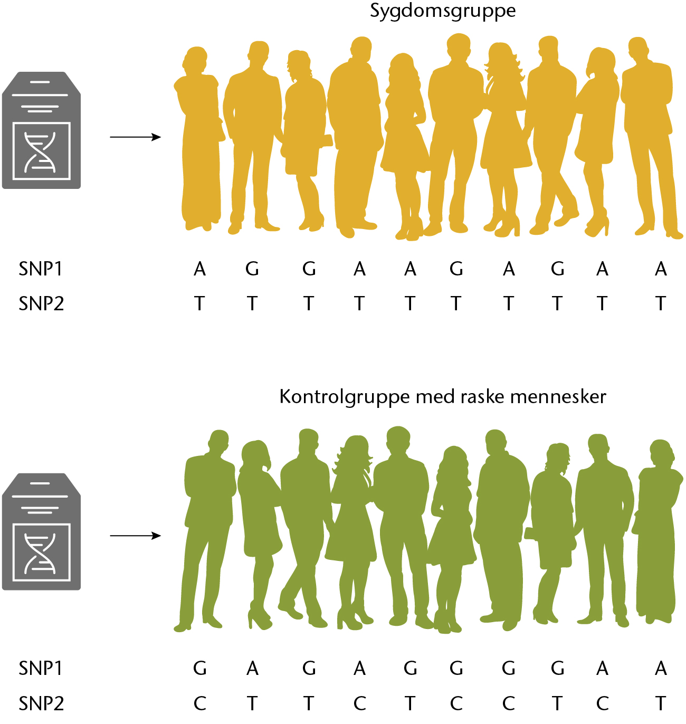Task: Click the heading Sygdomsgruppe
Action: pyautogui.click(x=443, y=11)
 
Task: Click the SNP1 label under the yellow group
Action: pyautogui.click(x=40, y=269)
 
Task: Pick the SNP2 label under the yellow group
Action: pyautogui.click(x=41, y=304)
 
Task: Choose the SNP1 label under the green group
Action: pyautogui.click(x=40, y=669)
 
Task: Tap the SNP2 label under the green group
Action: pyautogui.click(x=41, y=703)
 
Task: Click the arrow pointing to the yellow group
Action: pyautogui.click(x=135, y=137)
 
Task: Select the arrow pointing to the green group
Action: pyautogui.click(x=135, y=536)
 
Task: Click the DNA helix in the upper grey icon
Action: pyautogui.click(x=40, y=152)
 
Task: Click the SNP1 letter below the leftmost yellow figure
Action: pyautogui.click(x=199, y=269)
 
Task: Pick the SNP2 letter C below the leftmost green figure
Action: pyautogui.click(x=199, y=703)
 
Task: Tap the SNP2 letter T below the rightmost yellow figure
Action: pyautogui.click(x=661, y=304)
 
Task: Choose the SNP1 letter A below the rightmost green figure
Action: pyautogui.click(x=661, y=669)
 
